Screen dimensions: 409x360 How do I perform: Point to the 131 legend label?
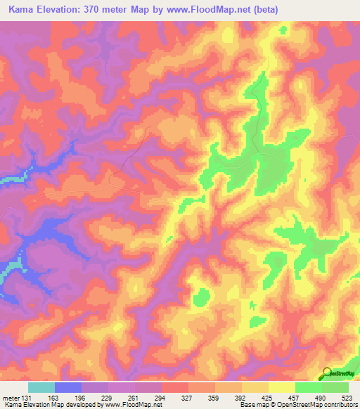[25, 396]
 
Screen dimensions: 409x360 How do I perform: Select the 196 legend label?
[80, 396]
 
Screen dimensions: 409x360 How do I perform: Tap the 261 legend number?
[134, 396]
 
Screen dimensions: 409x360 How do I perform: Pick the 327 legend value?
[188, 396]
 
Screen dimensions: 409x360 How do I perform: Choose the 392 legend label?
[240, 396]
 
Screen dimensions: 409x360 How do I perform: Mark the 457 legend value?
[294, 396]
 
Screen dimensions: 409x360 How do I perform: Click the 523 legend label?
[348, 396]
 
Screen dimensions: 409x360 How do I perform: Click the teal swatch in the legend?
[41, 387]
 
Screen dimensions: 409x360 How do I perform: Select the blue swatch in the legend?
[67, 387]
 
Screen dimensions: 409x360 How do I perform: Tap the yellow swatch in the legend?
[281, 387]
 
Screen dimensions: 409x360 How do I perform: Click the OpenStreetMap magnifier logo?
[327, 374]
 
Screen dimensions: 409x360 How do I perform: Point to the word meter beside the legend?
[9, 396]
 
